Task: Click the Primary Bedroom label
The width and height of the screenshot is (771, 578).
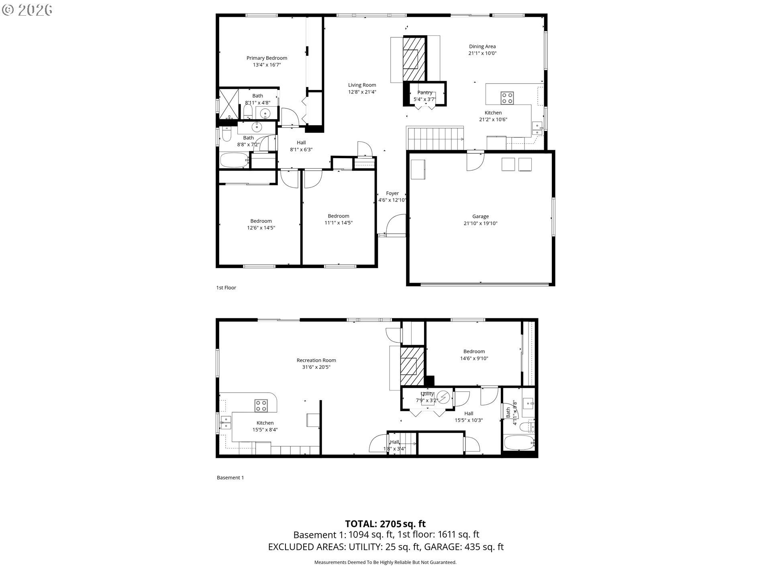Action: point(267,58)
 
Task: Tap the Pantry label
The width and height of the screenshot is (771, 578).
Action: point(425,93)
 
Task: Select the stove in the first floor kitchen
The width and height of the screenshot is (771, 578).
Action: point(507,98)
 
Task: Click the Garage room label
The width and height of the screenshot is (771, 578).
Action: point(480,216)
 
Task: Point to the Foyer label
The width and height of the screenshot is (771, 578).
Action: point(392,193)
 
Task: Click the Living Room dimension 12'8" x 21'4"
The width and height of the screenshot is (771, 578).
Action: point(362,92)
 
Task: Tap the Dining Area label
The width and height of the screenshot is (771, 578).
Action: point(482,47)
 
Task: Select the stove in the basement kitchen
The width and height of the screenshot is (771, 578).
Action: point(261,406)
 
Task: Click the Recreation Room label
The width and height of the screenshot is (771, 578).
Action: point(316,360)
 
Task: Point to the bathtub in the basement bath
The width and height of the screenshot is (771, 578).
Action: point(519,443)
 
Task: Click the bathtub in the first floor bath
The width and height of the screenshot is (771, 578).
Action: point(235,160)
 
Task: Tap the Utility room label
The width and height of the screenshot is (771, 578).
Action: point(427,394)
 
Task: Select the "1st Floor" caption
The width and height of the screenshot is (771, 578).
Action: point(226,288)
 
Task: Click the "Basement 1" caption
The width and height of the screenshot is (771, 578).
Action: point(230,478)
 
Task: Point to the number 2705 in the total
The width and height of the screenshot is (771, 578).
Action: point(390,524)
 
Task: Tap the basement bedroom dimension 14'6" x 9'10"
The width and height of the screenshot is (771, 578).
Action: point(474,358)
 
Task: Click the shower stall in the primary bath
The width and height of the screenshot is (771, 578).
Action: point(228,104)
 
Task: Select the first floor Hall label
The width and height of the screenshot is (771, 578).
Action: point(301,143)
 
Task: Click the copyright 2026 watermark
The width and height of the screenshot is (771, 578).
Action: point(27,10)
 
